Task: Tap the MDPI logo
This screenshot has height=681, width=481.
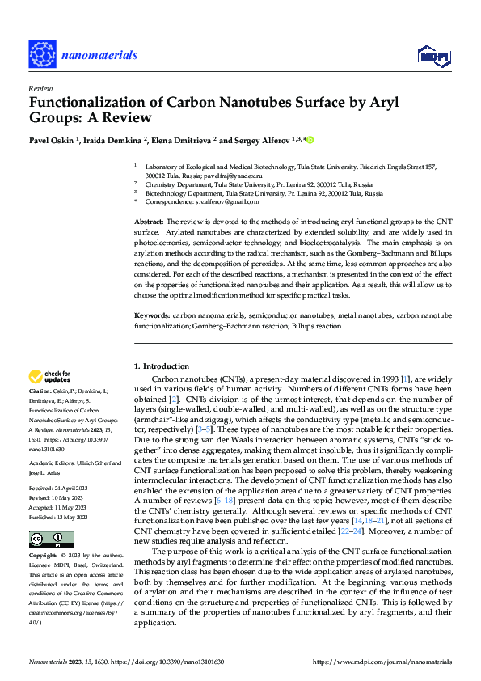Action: tap(433, 55)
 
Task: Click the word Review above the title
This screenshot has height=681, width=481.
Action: tap(40, 89)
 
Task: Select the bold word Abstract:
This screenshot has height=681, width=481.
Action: tap(148, 221)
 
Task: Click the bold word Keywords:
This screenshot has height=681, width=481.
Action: tap(151, 313)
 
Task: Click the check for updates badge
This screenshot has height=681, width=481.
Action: tap(50, 377)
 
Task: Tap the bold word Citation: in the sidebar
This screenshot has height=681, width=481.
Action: tap(42, 391)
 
